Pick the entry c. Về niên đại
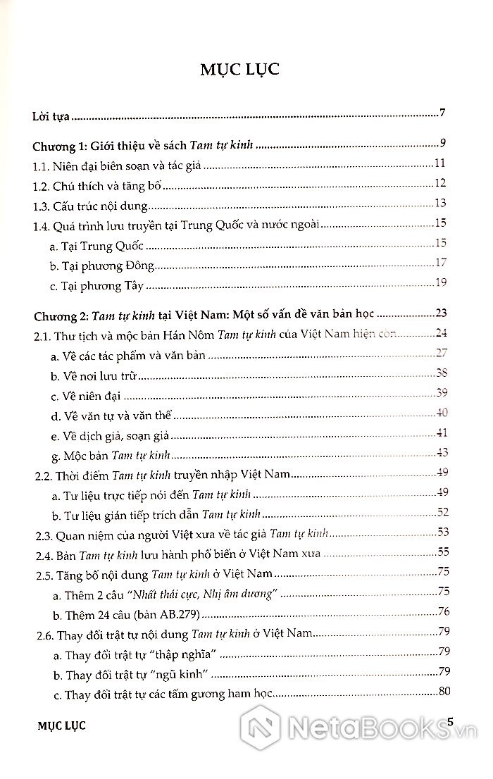[98, 395]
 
